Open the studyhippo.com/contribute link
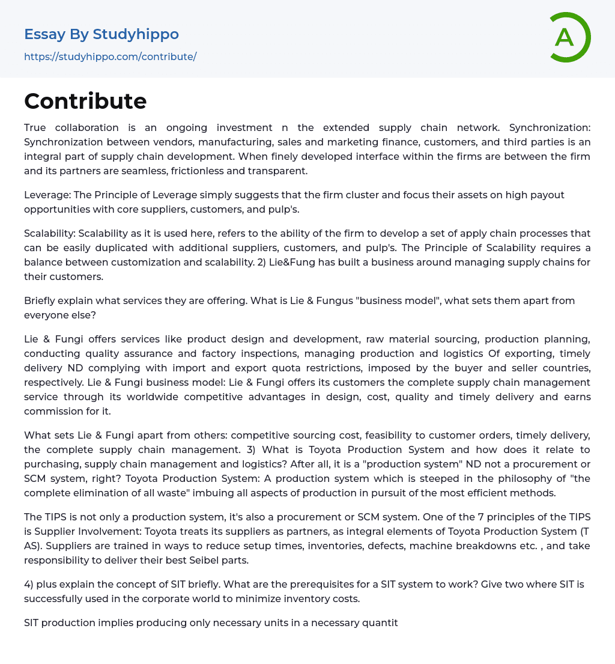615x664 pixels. click(110, 56)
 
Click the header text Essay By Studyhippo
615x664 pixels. click(101, 34)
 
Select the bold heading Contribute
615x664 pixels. click(85, 101)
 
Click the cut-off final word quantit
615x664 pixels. click(379, 623)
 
